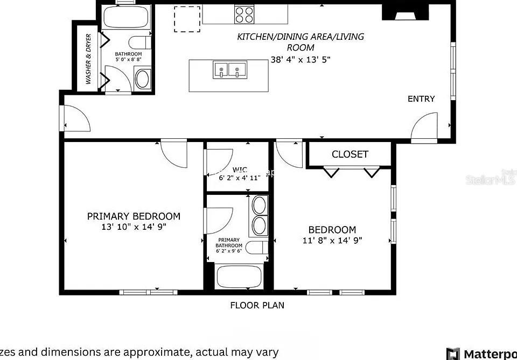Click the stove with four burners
coord(245,14)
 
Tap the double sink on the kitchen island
coord(229,70)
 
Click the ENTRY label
coord(421,99)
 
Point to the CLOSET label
coord(350,154)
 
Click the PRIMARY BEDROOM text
coord(134,216)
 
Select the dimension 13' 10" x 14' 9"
coord(134,227)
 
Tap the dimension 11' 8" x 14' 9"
coord(332,241)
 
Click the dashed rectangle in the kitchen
coord(187,19)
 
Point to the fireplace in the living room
coord(403,12)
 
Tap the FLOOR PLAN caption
coord(257,306)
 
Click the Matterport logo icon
coord(453,354)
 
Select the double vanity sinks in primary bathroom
coord(259,215)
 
